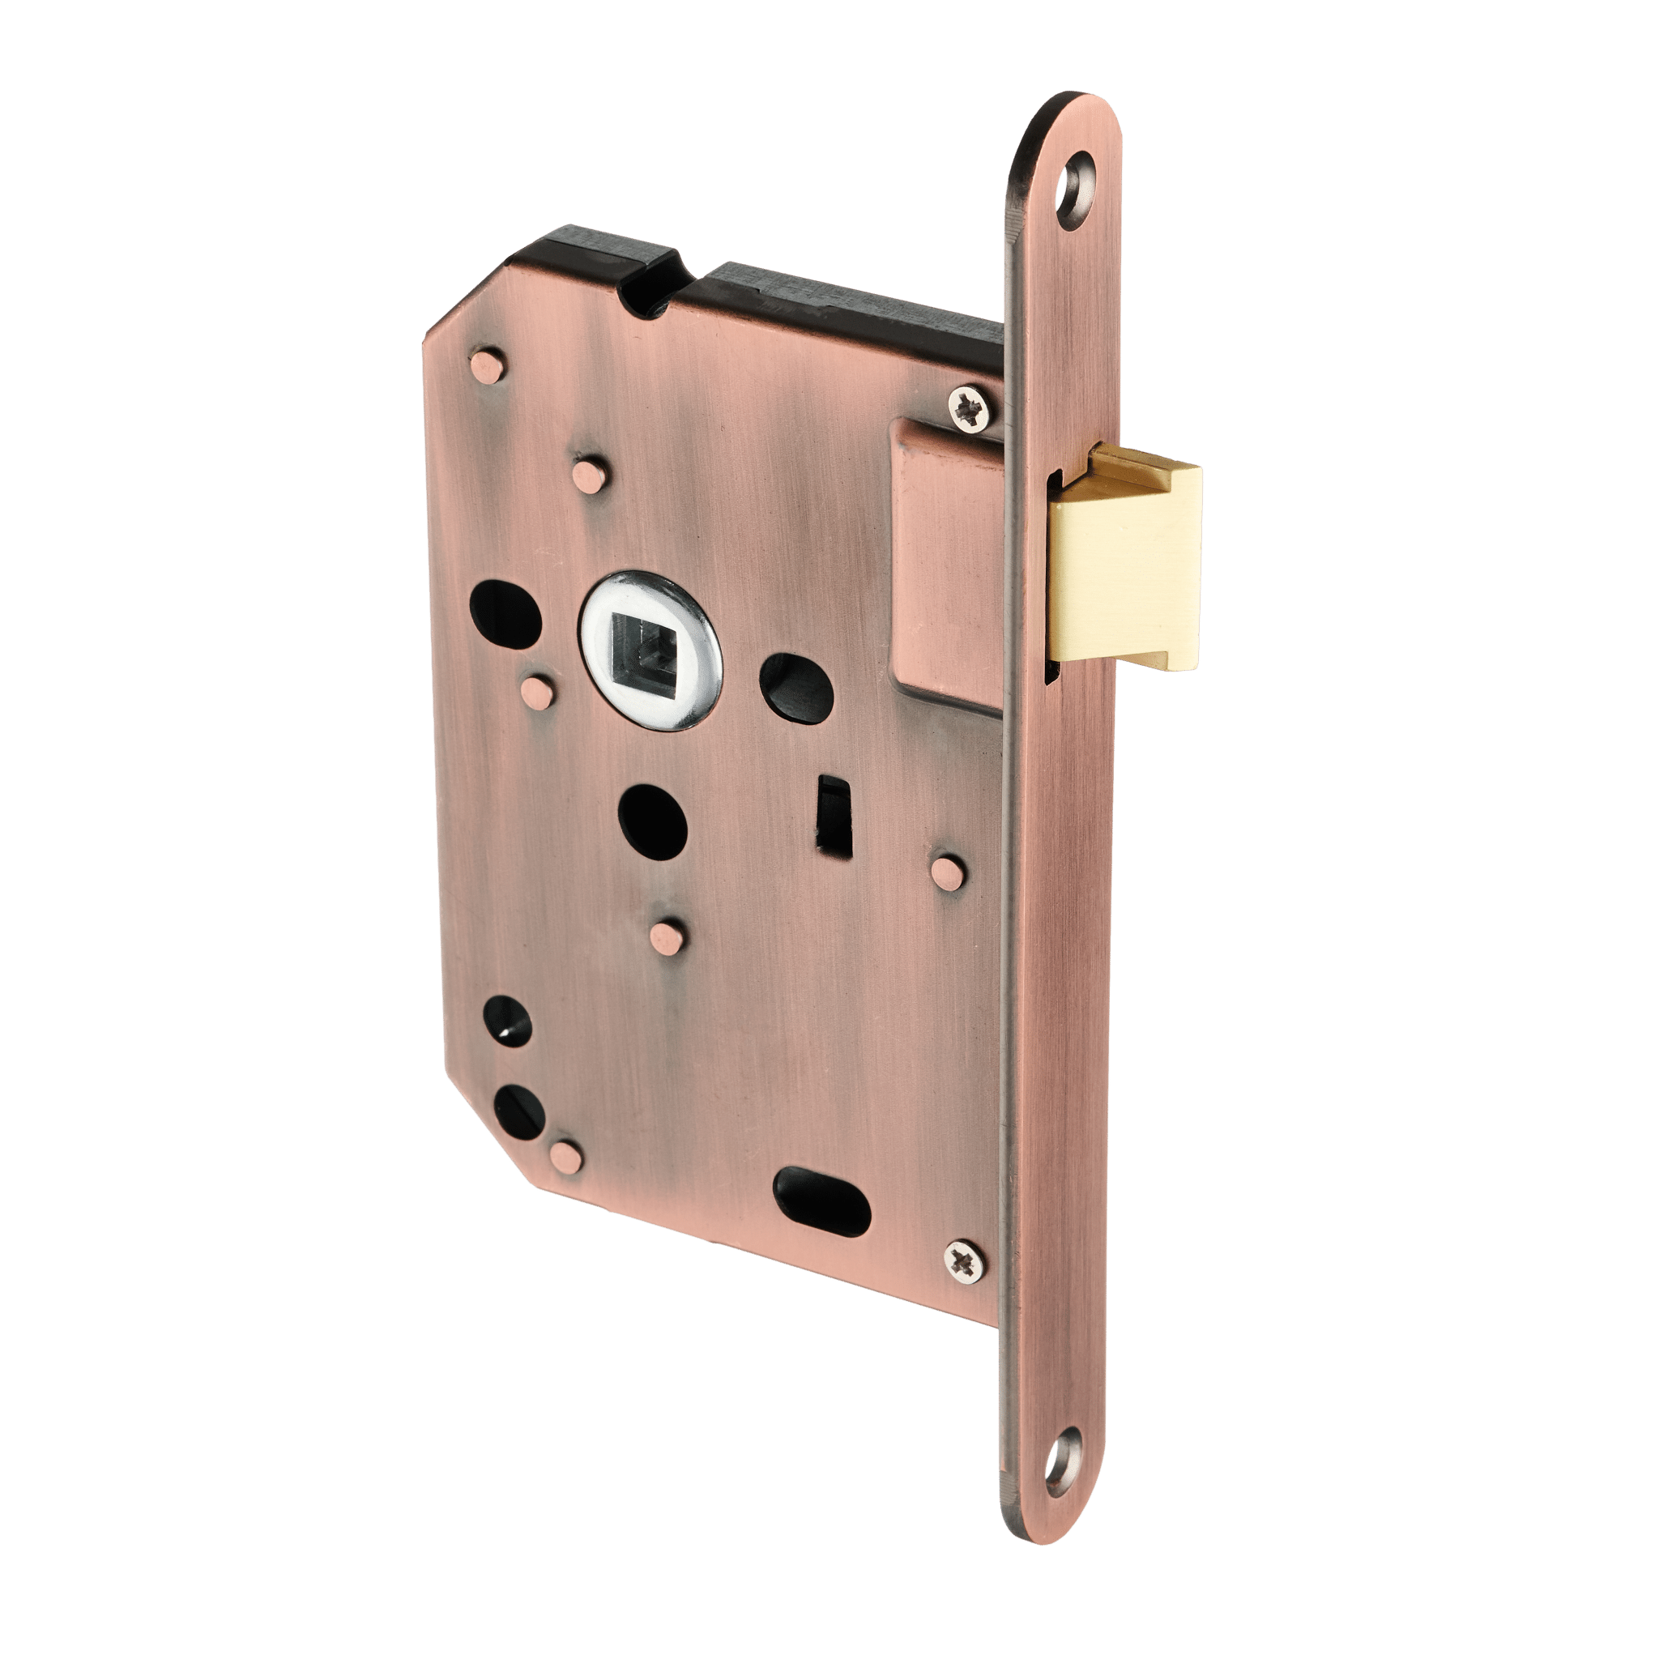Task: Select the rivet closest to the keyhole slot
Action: tap(949, 872)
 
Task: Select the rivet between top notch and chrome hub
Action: tap(591, 475)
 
